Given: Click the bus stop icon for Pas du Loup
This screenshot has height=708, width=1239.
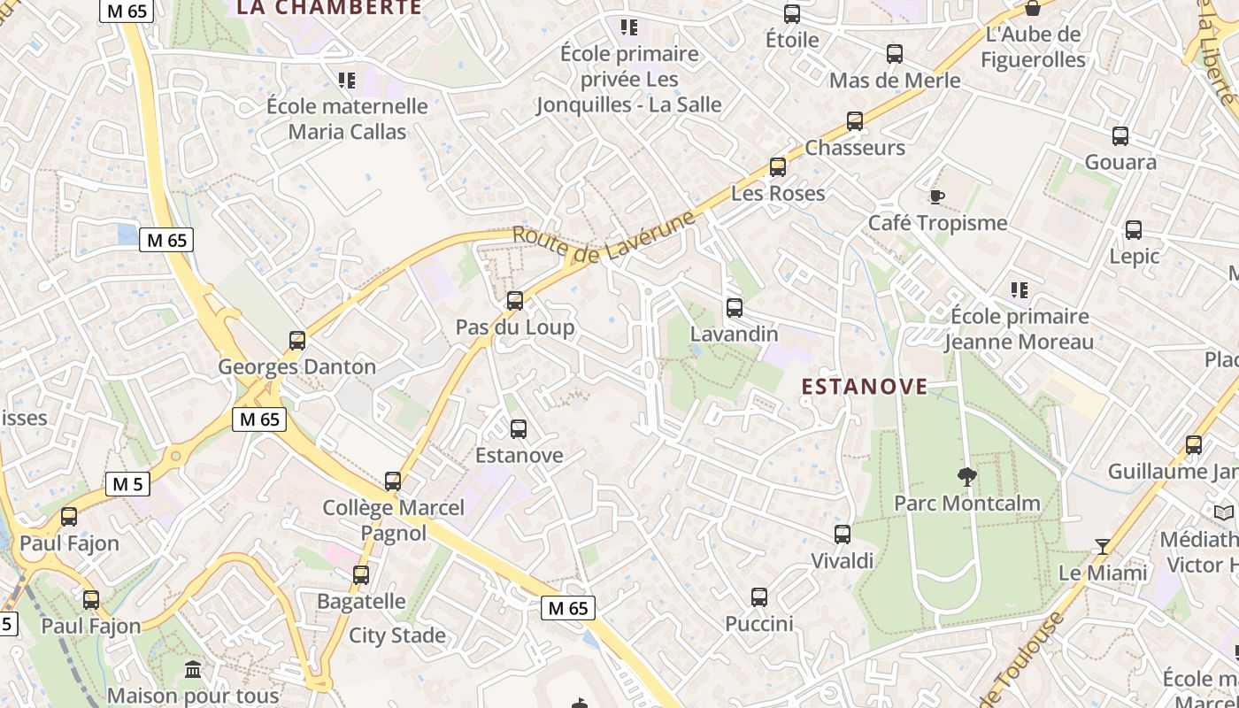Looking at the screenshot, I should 515,301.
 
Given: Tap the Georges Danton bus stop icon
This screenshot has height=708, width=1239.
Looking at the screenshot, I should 297,341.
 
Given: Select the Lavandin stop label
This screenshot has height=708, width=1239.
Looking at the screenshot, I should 734,334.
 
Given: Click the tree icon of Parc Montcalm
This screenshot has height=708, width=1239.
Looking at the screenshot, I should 966,477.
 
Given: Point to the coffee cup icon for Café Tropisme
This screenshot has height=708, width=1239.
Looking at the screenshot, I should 937,196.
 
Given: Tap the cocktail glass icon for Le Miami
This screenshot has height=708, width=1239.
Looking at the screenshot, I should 1102,547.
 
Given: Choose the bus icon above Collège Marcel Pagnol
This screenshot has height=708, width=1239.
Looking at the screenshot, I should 393,481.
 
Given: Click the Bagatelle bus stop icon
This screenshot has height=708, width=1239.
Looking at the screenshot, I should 361,575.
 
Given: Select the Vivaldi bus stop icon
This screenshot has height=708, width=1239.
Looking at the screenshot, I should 843,535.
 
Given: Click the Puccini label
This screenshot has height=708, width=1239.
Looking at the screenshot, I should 759,624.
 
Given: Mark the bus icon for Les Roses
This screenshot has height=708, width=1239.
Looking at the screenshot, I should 778,167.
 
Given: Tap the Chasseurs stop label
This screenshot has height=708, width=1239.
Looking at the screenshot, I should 855,148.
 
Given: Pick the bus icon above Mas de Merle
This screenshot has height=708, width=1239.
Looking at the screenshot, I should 895,54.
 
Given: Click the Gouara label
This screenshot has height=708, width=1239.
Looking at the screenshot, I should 1120,162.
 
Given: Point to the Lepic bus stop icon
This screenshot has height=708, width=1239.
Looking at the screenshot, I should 1134,230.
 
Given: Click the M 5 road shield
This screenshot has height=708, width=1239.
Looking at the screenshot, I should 128,484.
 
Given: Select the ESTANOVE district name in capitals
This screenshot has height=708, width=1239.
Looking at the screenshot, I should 865,387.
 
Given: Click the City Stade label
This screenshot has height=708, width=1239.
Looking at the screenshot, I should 397,635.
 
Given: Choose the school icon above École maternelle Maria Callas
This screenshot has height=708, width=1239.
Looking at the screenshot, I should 347,81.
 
